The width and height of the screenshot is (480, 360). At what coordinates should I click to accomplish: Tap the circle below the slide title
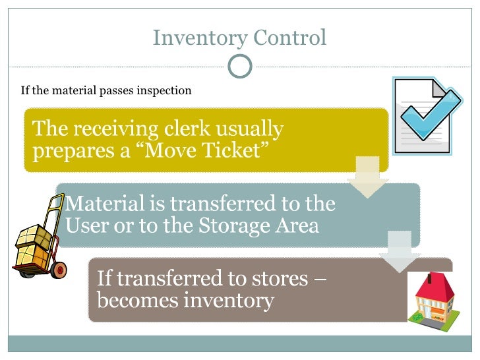tap(240, 65)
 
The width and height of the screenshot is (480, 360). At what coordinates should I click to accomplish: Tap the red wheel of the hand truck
tap(59, 268)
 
